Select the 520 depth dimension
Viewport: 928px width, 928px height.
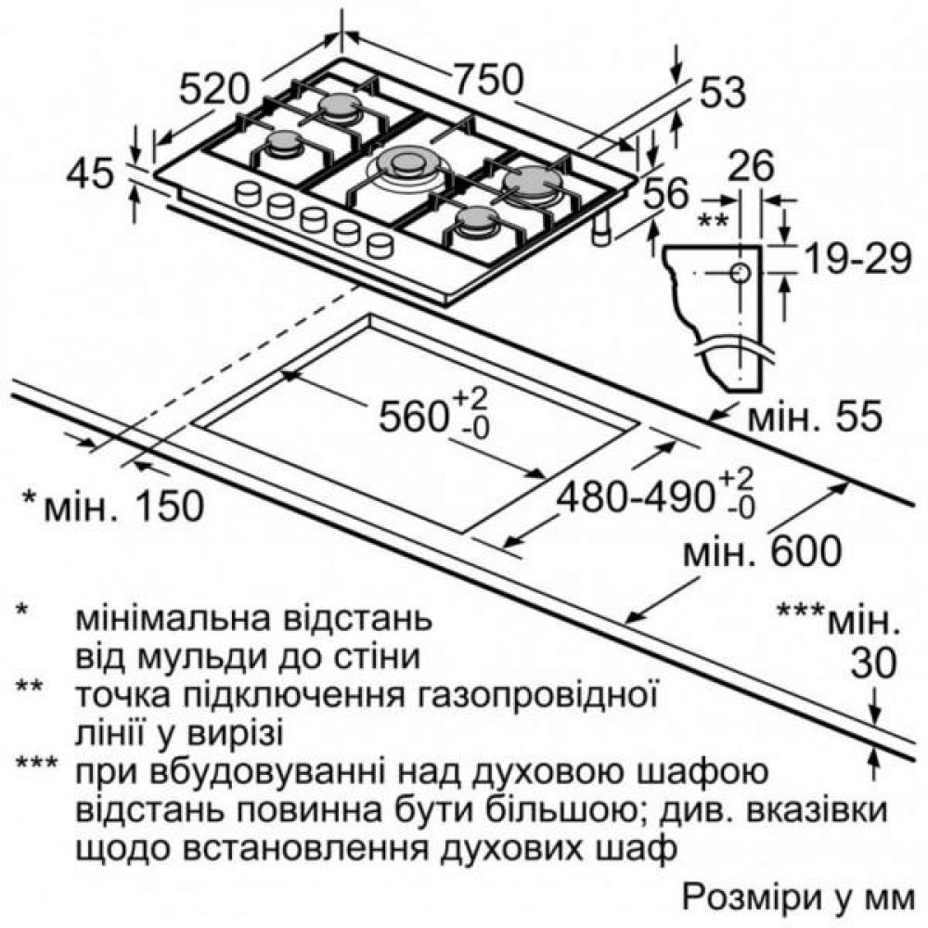[x=213, y=90]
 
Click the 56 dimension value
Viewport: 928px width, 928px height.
[x=665, y=194]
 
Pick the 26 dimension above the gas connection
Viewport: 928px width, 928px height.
[x=751, y=166]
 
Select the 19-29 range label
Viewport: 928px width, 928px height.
[x=858, y=259]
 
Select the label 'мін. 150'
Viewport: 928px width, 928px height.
[x=113, y=506]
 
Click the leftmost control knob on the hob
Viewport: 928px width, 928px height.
[x=248, y=194]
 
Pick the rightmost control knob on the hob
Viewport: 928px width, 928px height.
[x=380, y=244]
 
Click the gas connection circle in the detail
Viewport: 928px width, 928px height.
[x=741, y=273]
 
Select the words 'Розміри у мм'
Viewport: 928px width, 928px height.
[x=798, y=898]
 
